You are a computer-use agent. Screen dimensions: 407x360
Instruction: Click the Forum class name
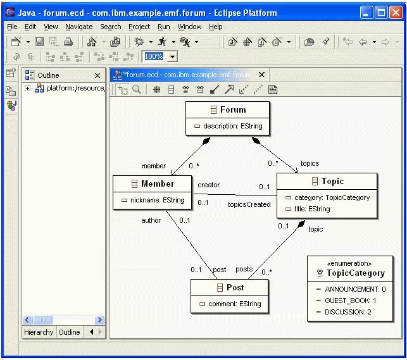pyautogui.click(x=233, y=109)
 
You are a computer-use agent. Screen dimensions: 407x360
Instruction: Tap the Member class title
pyautogui.click(x=157, y=183)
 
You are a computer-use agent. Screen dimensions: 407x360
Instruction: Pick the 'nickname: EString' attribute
pyautogui.click(x=157, y=200)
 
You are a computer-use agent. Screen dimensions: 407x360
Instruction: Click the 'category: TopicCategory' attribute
pyautogui.click(x=332, y=197)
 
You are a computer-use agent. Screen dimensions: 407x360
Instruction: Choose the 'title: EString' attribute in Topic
pyautogui.click(x=311, y=209)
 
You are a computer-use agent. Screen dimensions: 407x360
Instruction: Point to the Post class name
pyautogui.click(x=235, y=287)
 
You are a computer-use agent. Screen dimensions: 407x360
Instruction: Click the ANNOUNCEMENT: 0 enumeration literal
pyautogui.click(x=354, y=289)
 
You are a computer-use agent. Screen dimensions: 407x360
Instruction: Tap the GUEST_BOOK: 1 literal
pyautogui.click(x=350, y=301)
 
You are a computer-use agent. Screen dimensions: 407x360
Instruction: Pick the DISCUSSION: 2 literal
pyautogui.click(x=348, y=312)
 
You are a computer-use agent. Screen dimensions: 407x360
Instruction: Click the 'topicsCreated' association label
pyautogui.click(x=249, y=204)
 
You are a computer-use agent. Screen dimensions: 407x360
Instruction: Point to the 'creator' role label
pyautogui.click(x=208, y=185)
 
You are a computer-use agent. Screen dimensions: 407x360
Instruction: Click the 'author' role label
pyautogui.click(x=151, y=220)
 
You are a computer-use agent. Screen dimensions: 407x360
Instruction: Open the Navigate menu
pyautogui.click(x=78, y=27)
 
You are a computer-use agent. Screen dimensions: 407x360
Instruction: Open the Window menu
pyautogui.click(x=189, y=27)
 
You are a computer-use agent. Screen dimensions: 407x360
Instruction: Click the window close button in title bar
pyautogui.click(x=396, y=12)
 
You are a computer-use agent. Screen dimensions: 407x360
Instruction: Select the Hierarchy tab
pyautogui.click(x=39, y=332)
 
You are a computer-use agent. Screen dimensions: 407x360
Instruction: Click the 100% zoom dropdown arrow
pyautogui.click(x=172, y=56)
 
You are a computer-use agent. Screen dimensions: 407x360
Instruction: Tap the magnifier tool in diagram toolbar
pyautogui.click(x=136, y=89)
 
